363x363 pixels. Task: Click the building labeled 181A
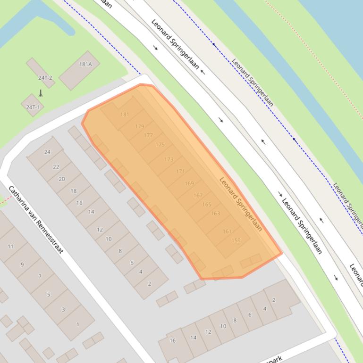click(85, 64)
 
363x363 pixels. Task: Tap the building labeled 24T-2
click(46, 78)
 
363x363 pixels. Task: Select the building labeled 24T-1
click(33, 107)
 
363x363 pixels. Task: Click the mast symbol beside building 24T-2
click(41, 93)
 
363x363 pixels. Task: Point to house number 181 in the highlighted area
click(125, 115)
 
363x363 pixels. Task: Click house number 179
click(139, 126)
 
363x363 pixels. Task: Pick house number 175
click(160, 145)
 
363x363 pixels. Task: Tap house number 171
click(180, 171)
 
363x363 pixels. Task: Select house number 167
click(198, 195)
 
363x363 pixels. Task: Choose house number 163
click(215, 214)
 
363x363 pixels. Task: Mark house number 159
click(236, 240)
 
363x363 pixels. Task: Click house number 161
click(227, 231)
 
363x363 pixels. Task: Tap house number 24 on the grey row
click(47, 152)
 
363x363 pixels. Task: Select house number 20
click(62, 179)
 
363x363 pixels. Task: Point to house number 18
click(73, 191)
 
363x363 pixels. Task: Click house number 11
click(10, 246)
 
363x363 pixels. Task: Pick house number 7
click(40, 277)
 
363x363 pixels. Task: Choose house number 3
click(63, 310)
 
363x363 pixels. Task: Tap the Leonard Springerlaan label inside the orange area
click(240, 204)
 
